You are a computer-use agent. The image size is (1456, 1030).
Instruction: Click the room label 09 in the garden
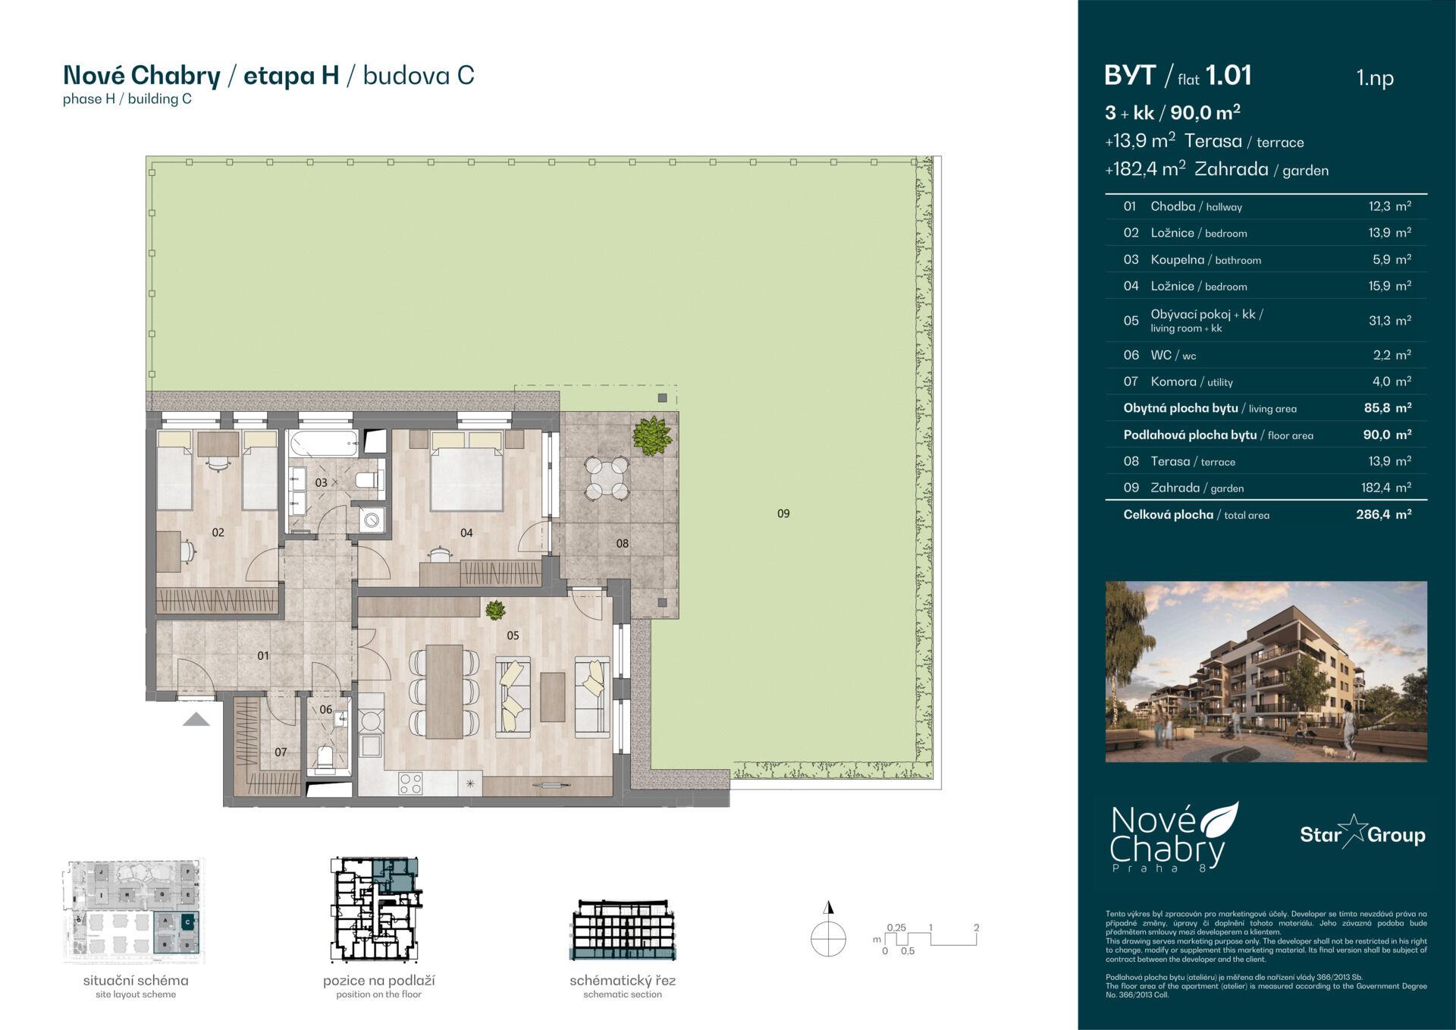pyautogui.click(x=783, y=513)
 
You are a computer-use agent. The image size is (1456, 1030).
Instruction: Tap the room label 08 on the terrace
pyautogui.click(x=622, y=543)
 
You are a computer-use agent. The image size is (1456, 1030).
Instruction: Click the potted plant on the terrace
pyautogui.click(x=651, y=436)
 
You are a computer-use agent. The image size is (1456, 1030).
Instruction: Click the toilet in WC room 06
pyautogui.click(x=325, y=756)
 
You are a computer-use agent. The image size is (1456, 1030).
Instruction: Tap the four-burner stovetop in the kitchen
pyautogui.click(x=410, y=782)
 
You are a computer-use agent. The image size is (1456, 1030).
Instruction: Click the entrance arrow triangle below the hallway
pyautogui.click(x=196, y=720)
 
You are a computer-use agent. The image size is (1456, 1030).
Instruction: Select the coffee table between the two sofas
pyautogui.click(x=552, y=697)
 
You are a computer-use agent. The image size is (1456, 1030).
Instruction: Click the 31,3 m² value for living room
pyautogui.click(x=1389, y=321)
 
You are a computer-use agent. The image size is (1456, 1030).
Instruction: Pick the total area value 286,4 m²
pyautogui.click(x=1383, y=514)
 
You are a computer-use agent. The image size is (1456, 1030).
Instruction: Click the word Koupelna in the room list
pyautogui.click(x=1177, y=259)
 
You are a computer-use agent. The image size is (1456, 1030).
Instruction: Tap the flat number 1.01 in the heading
pyautogui.click(x=1228, y=76)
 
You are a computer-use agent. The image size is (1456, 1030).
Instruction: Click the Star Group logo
pyautogui.click(x=1362, y=835)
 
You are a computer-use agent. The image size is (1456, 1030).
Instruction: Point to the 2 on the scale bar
pyautogui.click(x=976, y=928)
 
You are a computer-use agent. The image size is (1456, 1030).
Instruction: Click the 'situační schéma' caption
pyautogui.click(x=136, y=980)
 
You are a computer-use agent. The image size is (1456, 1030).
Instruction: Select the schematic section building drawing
pyautogui.click(x=622, y=931)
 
